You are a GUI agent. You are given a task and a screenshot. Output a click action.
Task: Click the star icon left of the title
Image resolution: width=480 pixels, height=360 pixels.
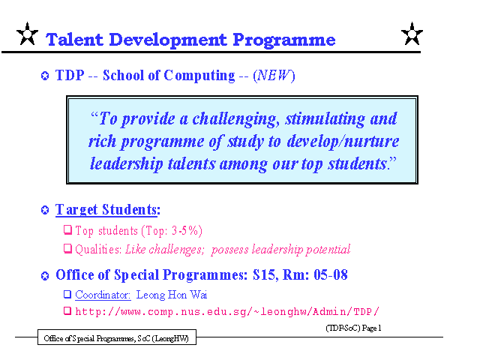coord(27,34)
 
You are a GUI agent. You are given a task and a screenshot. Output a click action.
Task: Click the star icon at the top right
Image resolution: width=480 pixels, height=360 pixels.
coord(412,34)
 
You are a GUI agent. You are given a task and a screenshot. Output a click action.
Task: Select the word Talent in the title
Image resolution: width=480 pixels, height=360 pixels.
coord(74,40)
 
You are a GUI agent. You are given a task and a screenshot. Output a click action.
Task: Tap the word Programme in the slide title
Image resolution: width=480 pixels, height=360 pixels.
coord(284,40)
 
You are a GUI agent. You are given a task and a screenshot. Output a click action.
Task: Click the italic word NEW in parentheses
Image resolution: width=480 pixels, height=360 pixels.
coord(274,75)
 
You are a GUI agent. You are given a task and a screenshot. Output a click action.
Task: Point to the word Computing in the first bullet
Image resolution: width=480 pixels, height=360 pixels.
coord(199,76)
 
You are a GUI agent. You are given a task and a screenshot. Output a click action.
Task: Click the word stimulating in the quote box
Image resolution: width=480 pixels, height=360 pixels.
coord(325,119)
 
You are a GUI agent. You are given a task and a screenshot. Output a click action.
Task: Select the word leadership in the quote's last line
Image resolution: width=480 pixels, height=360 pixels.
coord(127,163)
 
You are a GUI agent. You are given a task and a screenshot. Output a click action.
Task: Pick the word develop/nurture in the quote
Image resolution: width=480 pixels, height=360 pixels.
coord(343,142)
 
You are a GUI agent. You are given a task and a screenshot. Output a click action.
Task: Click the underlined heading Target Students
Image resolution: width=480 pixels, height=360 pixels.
coord(108,210)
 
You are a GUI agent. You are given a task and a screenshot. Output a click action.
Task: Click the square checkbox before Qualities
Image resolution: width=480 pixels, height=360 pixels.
coord(67,248)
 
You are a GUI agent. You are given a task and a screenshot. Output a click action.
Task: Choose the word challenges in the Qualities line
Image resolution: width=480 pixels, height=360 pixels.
coord(175,250)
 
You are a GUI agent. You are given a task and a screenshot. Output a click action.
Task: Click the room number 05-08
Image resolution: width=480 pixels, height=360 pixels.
coord(331,275)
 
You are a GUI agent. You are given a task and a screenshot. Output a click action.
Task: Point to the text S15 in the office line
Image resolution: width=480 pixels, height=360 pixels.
coord(265,275)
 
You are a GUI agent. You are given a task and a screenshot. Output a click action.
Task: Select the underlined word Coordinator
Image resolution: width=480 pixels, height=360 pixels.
coord(103,295)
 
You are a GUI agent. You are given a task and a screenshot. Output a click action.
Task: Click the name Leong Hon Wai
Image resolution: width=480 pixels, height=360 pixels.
coord(172,295)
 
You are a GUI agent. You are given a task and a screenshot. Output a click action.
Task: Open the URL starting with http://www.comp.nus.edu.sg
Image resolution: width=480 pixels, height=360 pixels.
coord(227,312)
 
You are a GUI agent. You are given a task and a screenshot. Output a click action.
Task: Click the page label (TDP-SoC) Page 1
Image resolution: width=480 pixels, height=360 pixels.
coord(353,328)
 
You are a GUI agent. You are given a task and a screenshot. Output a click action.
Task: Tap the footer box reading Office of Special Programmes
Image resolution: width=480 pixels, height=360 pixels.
coord(117,337)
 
